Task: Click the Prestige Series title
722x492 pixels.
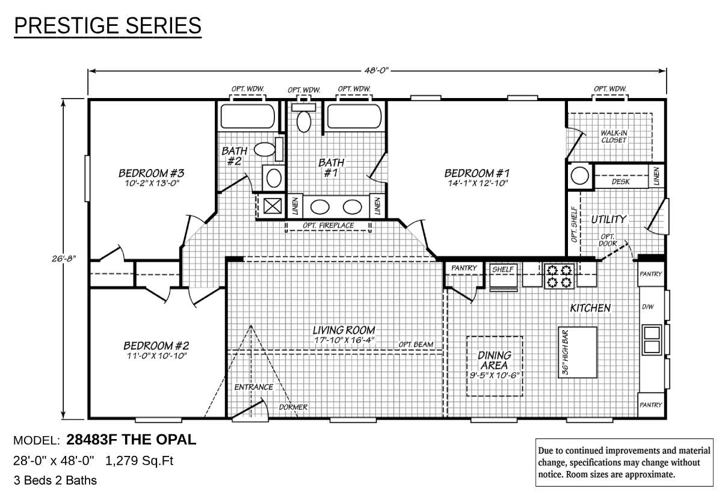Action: click(x=108, y=26)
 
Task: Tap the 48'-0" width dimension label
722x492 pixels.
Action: click(x=377, y=71)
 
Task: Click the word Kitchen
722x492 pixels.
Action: click(x=590, y=308)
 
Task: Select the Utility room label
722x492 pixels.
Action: click(x=608, y=220)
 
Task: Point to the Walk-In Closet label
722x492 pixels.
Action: click(x=613, y=137)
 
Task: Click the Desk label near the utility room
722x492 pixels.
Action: click(x=620, y=181)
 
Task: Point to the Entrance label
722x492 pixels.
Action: click(x=253, y=387)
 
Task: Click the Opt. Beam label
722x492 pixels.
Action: click(x=416, y=345)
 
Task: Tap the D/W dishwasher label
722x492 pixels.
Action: click(x=647, y=307)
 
